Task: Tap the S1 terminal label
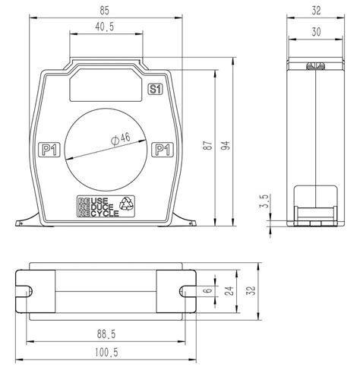pyautogui.click(x=154, y=90)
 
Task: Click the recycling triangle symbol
pyautogui.click(x=128, y=204)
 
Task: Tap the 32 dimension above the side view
pyautogui.click(x=316, y=11)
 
